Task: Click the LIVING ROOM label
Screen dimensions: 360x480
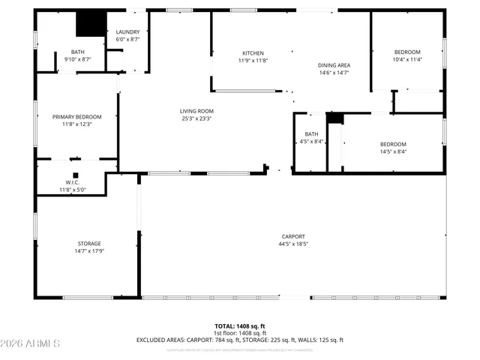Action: coord(196,110)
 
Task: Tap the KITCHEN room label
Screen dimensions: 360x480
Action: coord(253,53)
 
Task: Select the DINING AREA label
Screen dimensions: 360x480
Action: coord(334,65)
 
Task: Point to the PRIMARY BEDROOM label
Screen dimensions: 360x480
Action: coord(76,116)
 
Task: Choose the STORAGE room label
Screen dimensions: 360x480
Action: coord(88,243)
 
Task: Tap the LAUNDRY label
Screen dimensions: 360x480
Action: coord(127,32)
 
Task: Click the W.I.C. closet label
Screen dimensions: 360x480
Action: coord(73,182)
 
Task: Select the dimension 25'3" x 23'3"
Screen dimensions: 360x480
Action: coord(196,118)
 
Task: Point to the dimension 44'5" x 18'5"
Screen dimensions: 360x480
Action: coord(293,244)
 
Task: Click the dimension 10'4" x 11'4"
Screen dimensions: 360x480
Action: coord(408,60)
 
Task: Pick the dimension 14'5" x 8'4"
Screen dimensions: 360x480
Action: coord(393,151)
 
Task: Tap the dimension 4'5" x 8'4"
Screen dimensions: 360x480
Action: coord(311,141)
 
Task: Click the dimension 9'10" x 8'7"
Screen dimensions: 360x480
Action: coord(78,59)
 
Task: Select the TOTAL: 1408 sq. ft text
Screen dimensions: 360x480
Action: coord(240,326)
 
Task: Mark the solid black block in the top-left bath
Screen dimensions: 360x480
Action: coord(91,23)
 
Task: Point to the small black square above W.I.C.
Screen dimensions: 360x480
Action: coord(76,175)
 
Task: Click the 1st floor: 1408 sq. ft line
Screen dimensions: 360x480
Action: coord(240,333)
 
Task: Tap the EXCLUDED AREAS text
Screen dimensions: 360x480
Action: coord(161,340)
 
